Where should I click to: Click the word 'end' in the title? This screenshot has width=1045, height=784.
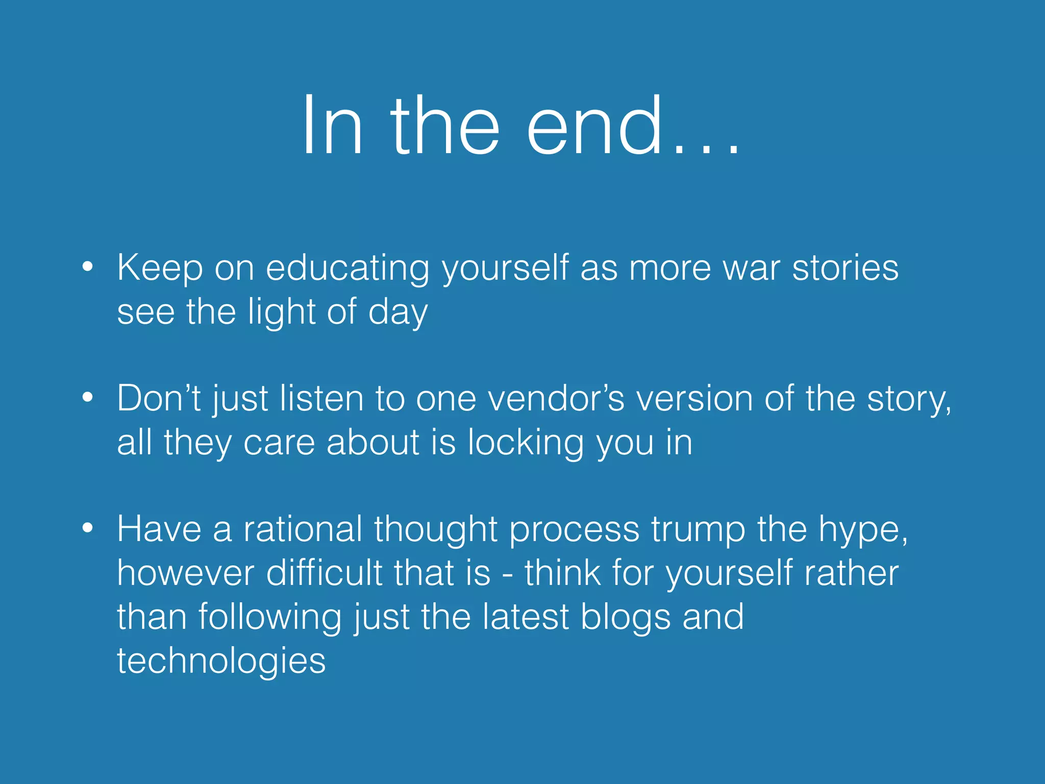point(594,127)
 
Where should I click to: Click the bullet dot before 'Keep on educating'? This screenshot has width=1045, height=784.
point(88,266)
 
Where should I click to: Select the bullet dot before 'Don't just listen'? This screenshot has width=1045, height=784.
point(88,397)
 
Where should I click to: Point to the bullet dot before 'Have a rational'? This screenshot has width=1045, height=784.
point(88,528)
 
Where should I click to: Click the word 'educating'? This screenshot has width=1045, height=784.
point(347,268)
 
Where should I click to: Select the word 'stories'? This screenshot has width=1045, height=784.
point(845,268)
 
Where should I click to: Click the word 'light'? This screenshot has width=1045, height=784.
point(282,312)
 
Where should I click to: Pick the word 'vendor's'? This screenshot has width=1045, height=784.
point(556,399)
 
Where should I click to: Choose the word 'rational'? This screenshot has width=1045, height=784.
point(303,529)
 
